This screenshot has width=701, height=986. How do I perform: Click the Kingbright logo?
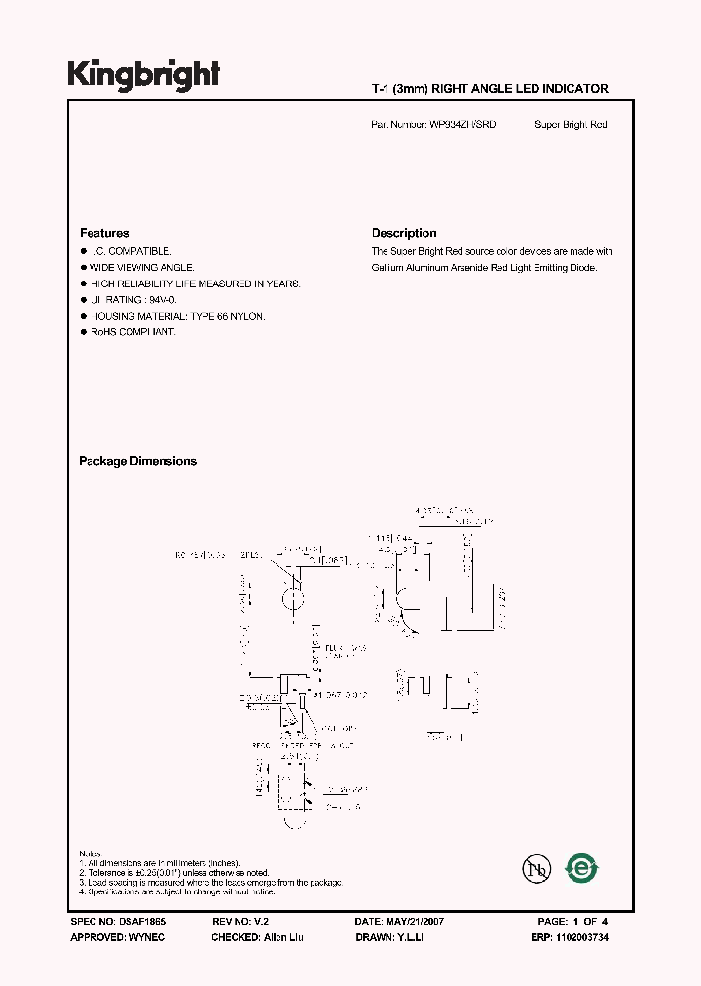pyautogui.click(x=143, y=74)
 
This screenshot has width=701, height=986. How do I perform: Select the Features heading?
pyautogui.click(x=104, y=233)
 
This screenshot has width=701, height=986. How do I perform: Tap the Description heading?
pyautogui.click(x=404, y=233)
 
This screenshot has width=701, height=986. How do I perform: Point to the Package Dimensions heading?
pyautogui.click(x=137, y=461)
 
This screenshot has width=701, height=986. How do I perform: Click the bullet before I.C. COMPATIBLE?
pyautogui.click(x=83, y=251)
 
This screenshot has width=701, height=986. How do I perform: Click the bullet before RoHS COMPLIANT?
pyautogui.click(x=83, y=332)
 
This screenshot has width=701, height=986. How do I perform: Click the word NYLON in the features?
pyautogui.click(x=248, y=316)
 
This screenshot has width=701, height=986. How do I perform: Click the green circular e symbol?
pyautogui.click(x=582, y=867)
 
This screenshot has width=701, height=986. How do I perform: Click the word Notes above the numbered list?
pyautogui.click(x=92, y=853)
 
